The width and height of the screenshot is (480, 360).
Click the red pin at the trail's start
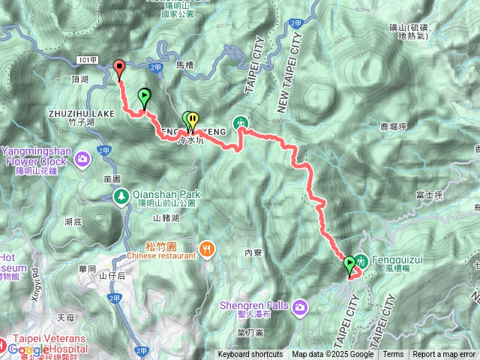click(119, 69)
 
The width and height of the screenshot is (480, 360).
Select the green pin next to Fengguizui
click(349, 265)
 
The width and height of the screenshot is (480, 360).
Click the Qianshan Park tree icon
click(120, 196)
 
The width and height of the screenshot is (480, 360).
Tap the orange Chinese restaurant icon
click(206, 249)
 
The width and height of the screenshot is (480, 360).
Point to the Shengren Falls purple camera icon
click(300, 306)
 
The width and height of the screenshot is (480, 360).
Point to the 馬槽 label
click(184, 65)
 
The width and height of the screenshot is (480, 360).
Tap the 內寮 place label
click(253, 253)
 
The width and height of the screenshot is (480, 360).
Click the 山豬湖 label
click(166, 218)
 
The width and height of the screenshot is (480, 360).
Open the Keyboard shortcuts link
click(250, 355)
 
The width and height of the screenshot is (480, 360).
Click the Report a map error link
click(444, 355)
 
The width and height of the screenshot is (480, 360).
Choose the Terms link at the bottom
click(393, 355)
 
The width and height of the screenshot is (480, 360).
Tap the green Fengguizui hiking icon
click(363, 261)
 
